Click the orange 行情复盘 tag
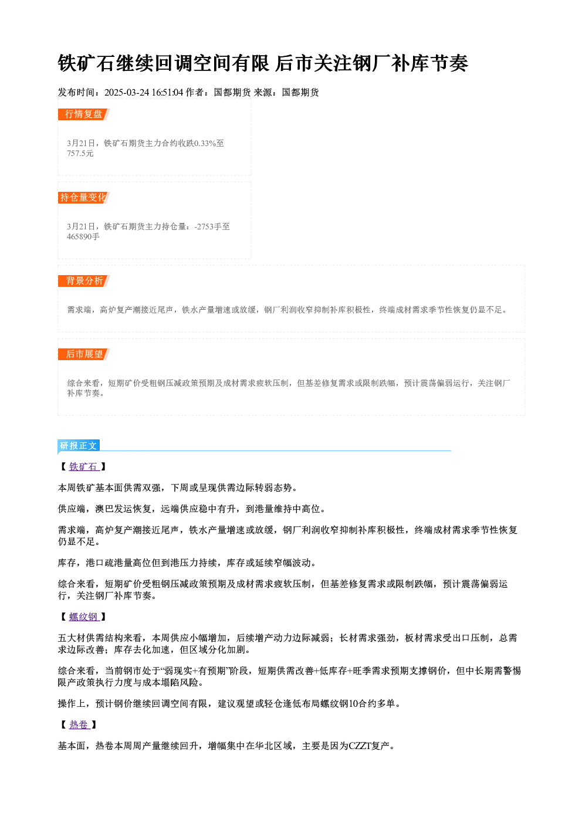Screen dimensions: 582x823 click(x=84, y=114)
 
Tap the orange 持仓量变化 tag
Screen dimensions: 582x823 click(x=84, y=198)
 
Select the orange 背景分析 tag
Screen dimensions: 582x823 click(x=84, y=281)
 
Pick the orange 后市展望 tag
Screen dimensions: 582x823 click(x=84, y=354)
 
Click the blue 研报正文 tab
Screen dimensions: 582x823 click(x=79, y=446)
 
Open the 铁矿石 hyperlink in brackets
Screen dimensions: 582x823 click(x=84, y=466)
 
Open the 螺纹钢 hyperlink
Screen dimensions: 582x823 click(x=84, y=617)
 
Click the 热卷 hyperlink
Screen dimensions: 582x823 click(x=79, y=725)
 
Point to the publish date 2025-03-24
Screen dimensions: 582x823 click(x=127, y=92)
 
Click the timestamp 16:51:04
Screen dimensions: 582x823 click(x=167, y=92)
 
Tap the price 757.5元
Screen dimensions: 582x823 click(x=80, y=153)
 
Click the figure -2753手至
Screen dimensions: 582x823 click(x=212, y=226)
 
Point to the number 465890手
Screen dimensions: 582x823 click(x=83, y=236)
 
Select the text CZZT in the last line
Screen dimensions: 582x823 click(x=360, y=746)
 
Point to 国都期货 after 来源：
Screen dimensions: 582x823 click(x=300, y=92)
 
